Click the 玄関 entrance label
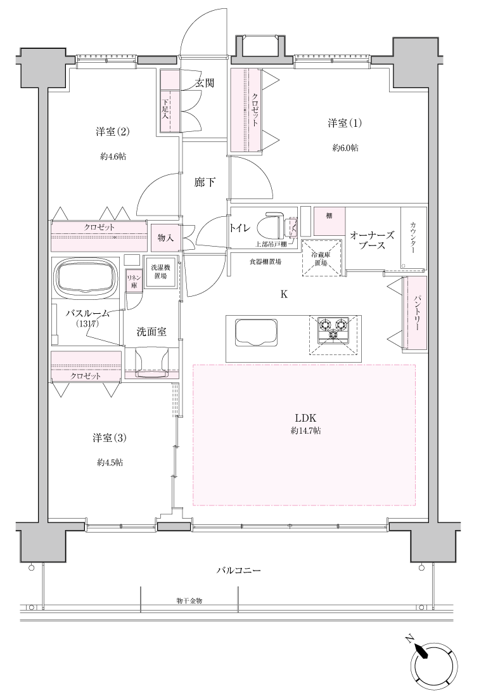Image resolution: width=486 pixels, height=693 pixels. [204, 82]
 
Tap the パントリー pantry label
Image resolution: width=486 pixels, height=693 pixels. [416, 314]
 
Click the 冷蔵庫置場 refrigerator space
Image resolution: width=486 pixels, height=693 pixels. [322, 257]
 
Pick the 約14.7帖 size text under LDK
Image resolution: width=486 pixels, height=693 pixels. [306, 431]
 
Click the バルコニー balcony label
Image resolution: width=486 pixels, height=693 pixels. [239, 570]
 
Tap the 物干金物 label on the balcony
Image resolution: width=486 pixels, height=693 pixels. [189, 601]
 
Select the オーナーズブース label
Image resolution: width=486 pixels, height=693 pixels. [372, 240]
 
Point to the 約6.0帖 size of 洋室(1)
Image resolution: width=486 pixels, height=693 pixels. [345, 148]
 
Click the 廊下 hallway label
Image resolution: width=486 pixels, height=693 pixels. [205, 182]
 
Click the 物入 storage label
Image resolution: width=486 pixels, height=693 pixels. [165, 238]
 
